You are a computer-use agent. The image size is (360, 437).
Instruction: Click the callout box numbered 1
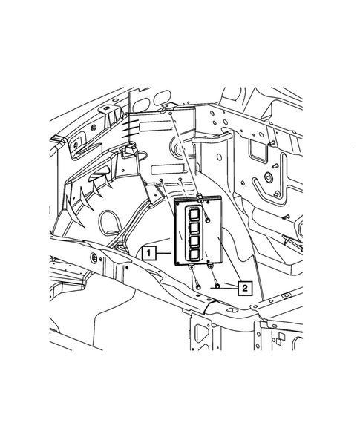(x=149, y=253)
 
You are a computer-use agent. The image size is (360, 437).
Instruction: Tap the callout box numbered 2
(x=245, y=288)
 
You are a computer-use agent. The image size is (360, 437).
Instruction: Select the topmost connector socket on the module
(x=194, y=214)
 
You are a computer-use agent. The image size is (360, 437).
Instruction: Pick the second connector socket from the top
(x=194, y=229)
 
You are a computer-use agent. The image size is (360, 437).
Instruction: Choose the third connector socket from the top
(x=194, y=242)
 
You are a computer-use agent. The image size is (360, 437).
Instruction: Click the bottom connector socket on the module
(x=194, y=254)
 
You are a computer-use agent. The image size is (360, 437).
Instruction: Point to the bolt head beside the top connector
(x=208, y=220)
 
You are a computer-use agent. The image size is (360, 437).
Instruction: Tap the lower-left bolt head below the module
(x=198, y=286)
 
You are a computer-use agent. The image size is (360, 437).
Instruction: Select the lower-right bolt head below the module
(x=217, y=286)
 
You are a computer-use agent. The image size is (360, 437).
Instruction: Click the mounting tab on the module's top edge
(x=200, y=197)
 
